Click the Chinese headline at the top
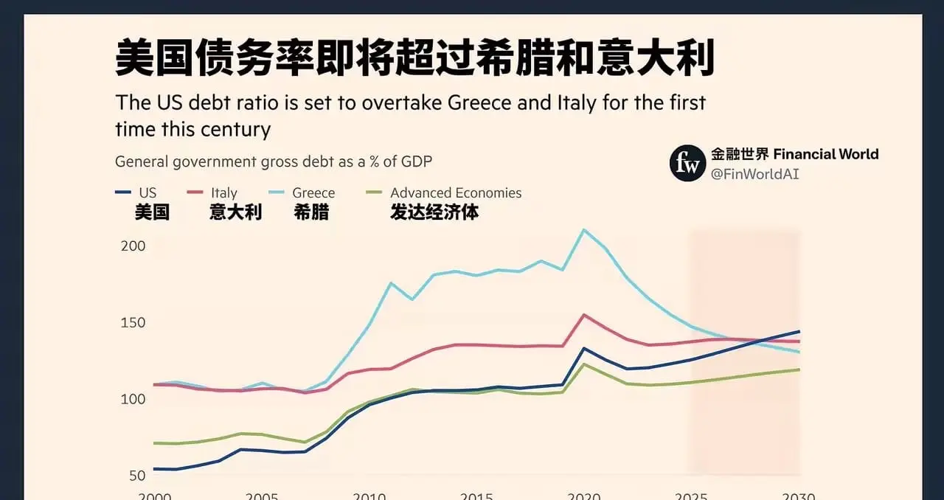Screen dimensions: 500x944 414,60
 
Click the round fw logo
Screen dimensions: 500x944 687,163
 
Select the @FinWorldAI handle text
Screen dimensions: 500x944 755,174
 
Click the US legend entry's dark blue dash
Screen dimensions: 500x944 123,193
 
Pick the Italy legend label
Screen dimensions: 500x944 224,193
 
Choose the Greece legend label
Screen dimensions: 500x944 313,193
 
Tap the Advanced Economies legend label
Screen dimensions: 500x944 456,193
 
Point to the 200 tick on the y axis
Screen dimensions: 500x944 133,246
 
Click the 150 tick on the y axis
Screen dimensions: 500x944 133,323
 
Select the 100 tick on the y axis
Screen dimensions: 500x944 133,399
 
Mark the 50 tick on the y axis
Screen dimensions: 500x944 136,476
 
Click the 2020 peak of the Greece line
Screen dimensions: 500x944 584,230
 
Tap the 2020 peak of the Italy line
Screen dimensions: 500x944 584,315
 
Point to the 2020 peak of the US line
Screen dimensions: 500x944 584,348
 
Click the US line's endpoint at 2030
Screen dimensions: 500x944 799,331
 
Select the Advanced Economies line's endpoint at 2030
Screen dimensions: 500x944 799,369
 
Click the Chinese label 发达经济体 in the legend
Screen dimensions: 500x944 434,212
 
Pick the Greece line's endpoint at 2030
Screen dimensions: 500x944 799,352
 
